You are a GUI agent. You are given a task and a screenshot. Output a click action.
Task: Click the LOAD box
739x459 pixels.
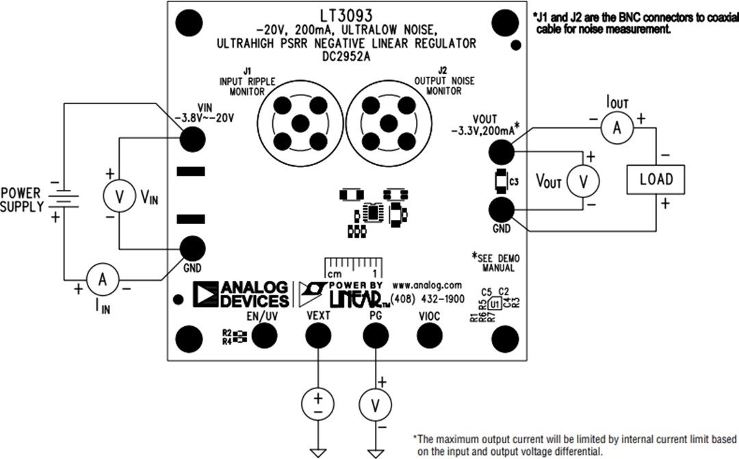656,179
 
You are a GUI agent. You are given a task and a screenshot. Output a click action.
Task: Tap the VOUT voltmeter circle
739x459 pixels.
583,180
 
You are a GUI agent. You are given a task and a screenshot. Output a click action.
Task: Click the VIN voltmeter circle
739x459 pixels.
119,197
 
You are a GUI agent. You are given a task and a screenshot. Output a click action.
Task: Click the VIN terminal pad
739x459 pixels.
192,139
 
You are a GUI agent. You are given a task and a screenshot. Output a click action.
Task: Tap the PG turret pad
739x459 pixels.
374,335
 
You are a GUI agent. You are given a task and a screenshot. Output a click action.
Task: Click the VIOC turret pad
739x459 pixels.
430,335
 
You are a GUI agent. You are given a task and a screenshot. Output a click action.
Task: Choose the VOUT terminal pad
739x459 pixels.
503,150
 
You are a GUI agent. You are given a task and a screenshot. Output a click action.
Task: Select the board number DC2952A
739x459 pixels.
346,58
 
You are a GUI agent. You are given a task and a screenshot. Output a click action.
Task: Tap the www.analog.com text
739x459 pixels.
427,284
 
